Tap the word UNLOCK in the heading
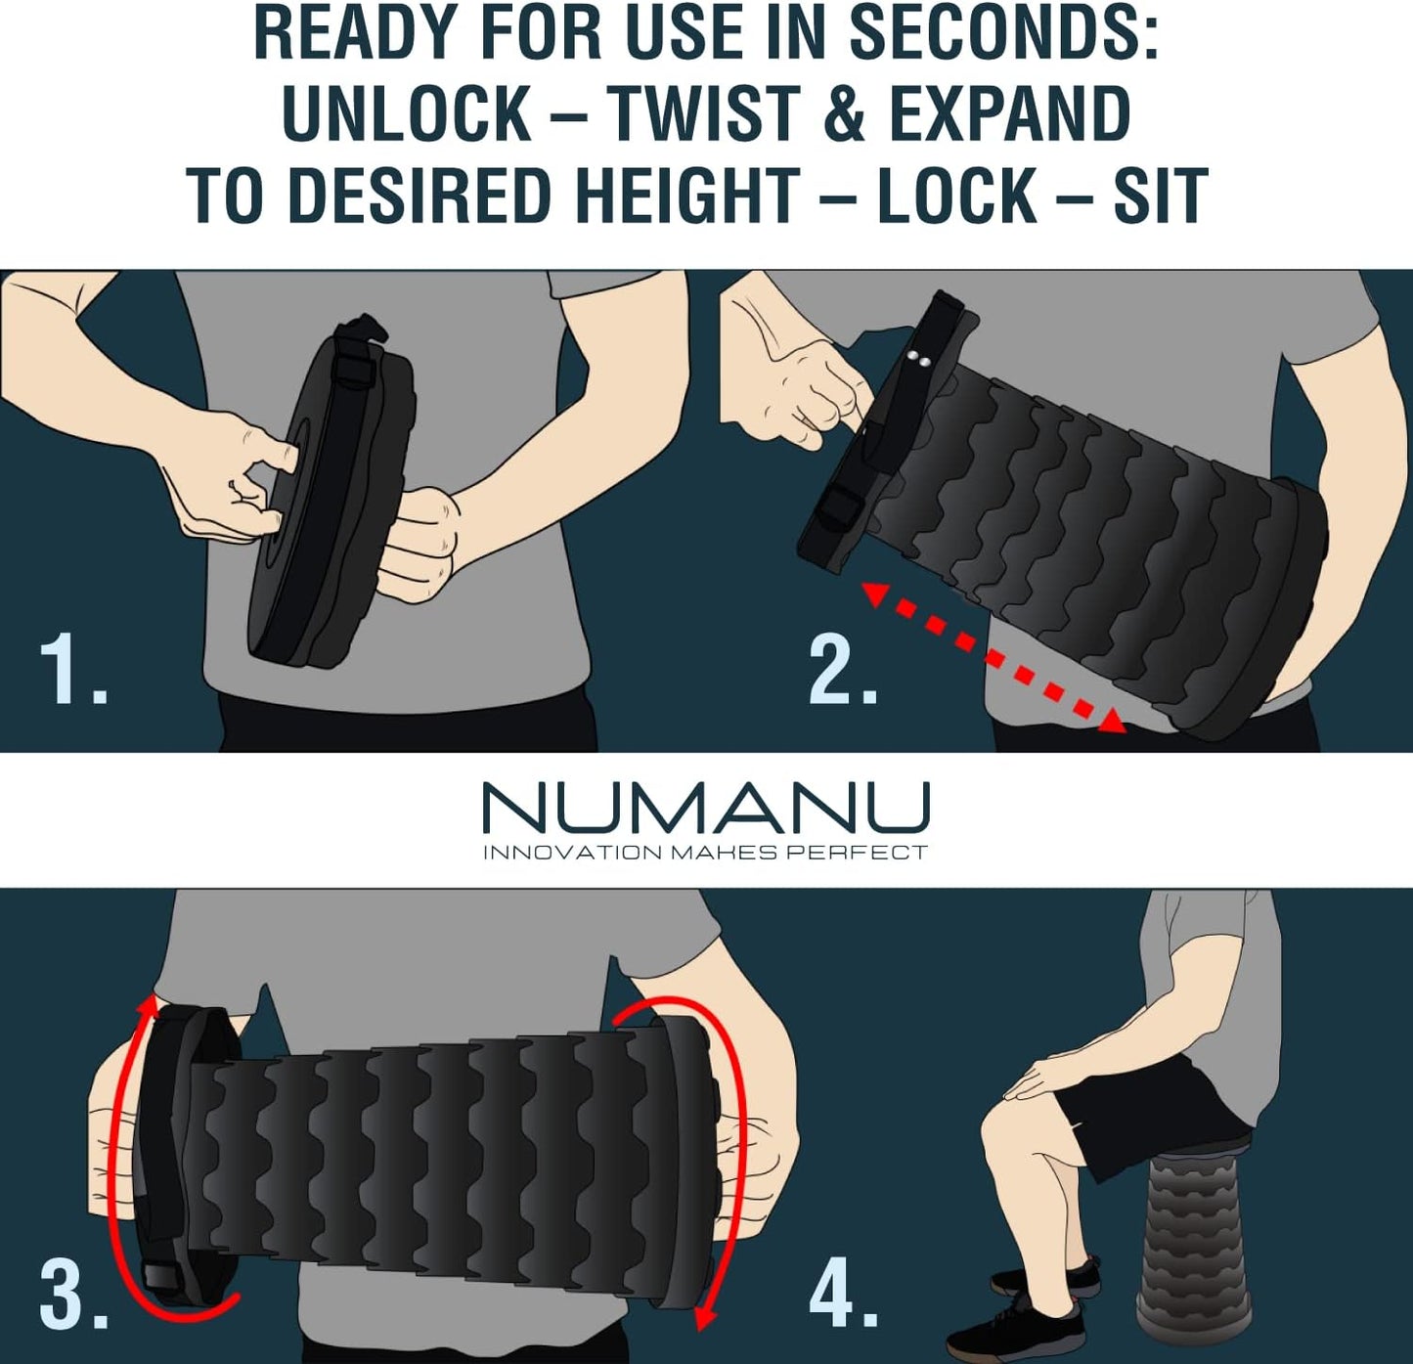[407, 115]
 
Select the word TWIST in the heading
[702, 115]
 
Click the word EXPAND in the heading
[1009, 115]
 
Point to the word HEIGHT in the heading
[686, 197]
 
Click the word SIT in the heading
[1160, 197]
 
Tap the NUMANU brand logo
[706, 808]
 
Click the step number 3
[72, 1296]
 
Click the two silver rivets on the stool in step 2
[918, 361]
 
